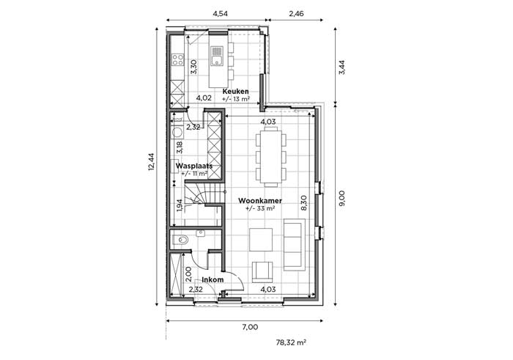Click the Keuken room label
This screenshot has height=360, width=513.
(x=235, y=92)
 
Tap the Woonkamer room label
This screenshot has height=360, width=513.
(x=260, y=201)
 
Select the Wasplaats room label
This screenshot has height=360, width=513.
(x=194, y=166)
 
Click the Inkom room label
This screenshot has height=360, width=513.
(x=213, y=280)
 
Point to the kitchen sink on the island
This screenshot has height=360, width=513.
(x=217, y=56)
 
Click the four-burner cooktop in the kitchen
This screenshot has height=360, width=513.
(x=178, y=60)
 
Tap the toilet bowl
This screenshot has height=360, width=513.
(x=181, y=240)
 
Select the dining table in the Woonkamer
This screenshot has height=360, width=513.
(x=270, y=157)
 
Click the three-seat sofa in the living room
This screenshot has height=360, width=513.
(x=294, y=244)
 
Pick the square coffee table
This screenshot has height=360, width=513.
(x=261, y=240)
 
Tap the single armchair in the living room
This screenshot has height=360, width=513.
(x=262, y=272)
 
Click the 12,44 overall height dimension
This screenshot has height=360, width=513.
(x=151, y=162)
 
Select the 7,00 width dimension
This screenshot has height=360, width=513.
(x=251, y=327)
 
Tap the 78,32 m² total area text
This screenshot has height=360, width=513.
(x=291, y=342)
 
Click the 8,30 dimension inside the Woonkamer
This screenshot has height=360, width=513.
(x=303, y=202)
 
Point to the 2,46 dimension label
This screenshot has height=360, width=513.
(x=296, y=13)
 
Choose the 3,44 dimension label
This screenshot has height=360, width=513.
(x=342, y=67)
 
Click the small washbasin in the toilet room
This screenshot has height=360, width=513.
(x=200, y=233)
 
